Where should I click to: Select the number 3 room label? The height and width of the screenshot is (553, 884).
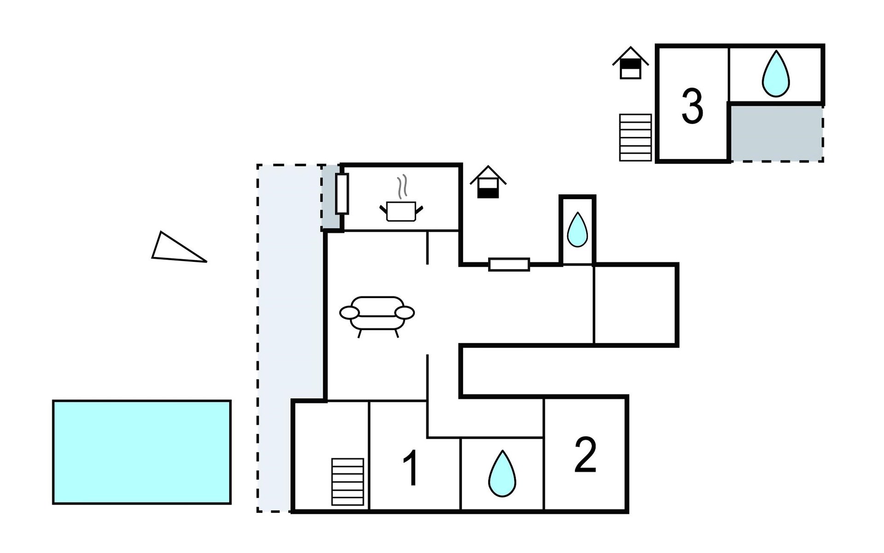[x=692, y=107]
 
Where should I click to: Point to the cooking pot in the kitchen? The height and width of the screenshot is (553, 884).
[x=401, y=212]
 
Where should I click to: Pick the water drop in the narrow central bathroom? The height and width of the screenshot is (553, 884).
[x=577, y=229]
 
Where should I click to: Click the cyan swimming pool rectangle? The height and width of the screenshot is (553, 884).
[x=142, y=452]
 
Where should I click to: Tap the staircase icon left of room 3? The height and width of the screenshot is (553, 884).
[x=635, y=137]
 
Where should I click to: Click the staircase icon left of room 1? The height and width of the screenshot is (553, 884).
[x=348, y=482]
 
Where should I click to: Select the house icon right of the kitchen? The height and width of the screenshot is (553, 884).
[x=488, y=182]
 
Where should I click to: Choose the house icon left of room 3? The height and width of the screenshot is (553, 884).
[x=630, y=63]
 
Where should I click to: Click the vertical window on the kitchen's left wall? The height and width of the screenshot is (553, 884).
[x=342, y=194]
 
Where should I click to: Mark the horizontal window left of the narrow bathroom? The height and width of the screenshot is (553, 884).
[x=509, y=265]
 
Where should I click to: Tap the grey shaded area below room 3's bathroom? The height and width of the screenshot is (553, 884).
[x=776, y=133]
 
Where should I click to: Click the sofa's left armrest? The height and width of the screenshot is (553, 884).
[x=349, y=313]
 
